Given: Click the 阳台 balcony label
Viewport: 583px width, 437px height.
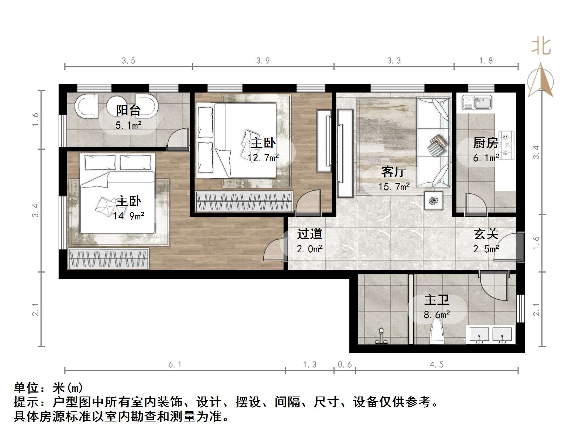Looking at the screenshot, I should tap(128, 110).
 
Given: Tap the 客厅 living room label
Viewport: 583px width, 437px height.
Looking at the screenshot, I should tap(393, 172).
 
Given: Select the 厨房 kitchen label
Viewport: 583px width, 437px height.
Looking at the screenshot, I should tap(485, 143).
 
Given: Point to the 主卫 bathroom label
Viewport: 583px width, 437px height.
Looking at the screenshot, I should tap(437, 300).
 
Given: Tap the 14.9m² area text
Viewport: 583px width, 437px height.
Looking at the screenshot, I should tap(129, 216).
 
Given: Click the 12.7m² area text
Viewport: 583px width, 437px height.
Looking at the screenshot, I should tap(263, 158).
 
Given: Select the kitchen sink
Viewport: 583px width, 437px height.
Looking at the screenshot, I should tap(477, 102).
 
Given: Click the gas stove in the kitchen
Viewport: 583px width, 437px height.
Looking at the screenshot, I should tap(506, 145).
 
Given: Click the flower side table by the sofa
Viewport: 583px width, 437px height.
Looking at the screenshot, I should tap(433, 200).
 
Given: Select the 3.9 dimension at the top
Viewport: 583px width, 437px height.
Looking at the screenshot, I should tap(263, 61).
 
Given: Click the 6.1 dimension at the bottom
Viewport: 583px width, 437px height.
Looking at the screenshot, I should tap(175, 365).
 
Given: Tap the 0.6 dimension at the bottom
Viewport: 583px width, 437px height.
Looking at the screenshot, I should tap(344, 365).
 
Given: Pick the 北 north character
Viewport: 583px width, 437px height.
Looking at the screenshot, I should tap(541, 47).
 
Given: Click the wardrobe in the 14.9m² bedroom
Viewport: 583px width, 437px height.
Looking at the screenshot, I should tap(108, 258).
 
